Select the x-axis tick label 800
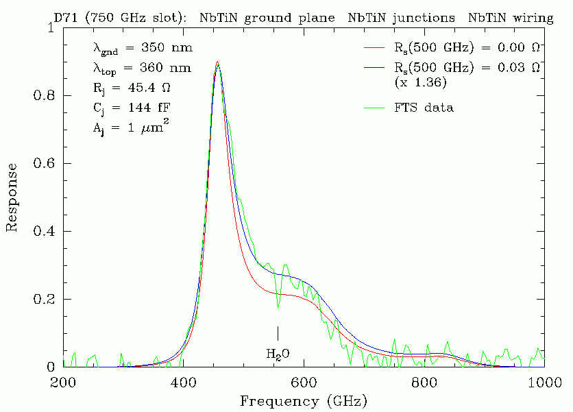425,381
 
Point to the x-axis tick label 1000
544,381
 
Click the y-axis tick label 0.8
45,96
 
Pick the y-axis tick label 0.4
45,231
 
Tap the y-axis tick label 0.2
45,299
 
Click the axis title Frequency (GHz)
304,400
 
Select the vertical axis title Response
12,197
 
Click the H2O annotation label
278,354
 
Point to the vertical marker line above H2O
278,332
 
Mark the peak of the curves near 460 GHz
217,62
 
